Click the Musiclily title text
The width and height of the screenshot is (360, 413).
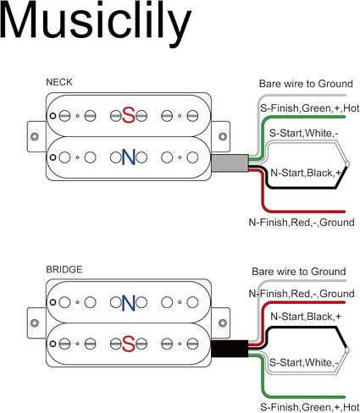(x=96, y=21)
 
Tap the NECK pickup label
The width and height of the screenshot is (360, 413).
(x=59, y=82)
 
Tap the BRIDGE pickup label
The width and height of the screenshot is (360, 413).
(x=64, y=269)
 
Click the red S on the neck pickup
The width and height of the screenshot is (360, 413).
(x=129, y=115)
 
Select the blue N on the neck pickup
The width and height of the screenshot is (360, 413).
(x=129, y=157)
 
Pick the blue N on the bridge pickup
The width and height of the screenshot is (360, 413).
(x=129, y=303)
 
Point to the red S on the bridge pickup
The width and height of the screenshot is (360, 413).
(x=129, y=344)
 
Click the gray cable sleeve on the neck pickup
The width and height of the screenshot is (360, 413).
(x=230, y=162)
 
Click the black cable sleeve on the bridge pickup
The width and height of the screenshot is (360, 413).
(x=230, y=349)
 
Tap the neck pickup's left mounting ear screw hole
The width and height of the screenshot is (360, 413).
(x=35, y=136)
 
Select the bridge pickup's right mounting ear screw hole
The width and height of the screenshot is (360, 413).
(x=223, y=323)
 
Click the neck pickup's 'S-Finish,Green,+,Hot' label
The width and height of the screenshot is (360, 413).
(x=309, y=108)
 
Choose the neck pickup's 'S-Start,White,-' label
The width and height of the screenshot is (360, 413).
(x=303, y=133)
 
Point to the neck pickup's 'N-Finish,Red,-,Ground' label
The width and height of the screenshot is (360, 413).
(x=302, y=223)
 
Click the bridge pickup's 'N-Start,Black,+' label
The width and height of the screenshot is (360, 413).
(x=306, y=317)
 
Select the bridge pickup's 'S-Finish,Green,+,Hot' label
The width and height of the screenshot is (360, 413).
(x=309, y=407)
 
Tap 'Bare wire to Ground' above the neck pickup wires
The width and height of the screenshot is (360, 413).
(x=306, y=84)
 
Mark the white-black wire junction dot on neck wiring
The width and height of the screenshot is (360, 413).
(x=347, y=164)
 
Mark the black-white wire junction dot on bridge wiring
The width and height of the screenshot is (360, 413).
(x=347, y=350)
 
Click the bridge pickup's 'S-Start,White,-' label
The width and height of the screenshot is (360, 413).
(x=303, y=362)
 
